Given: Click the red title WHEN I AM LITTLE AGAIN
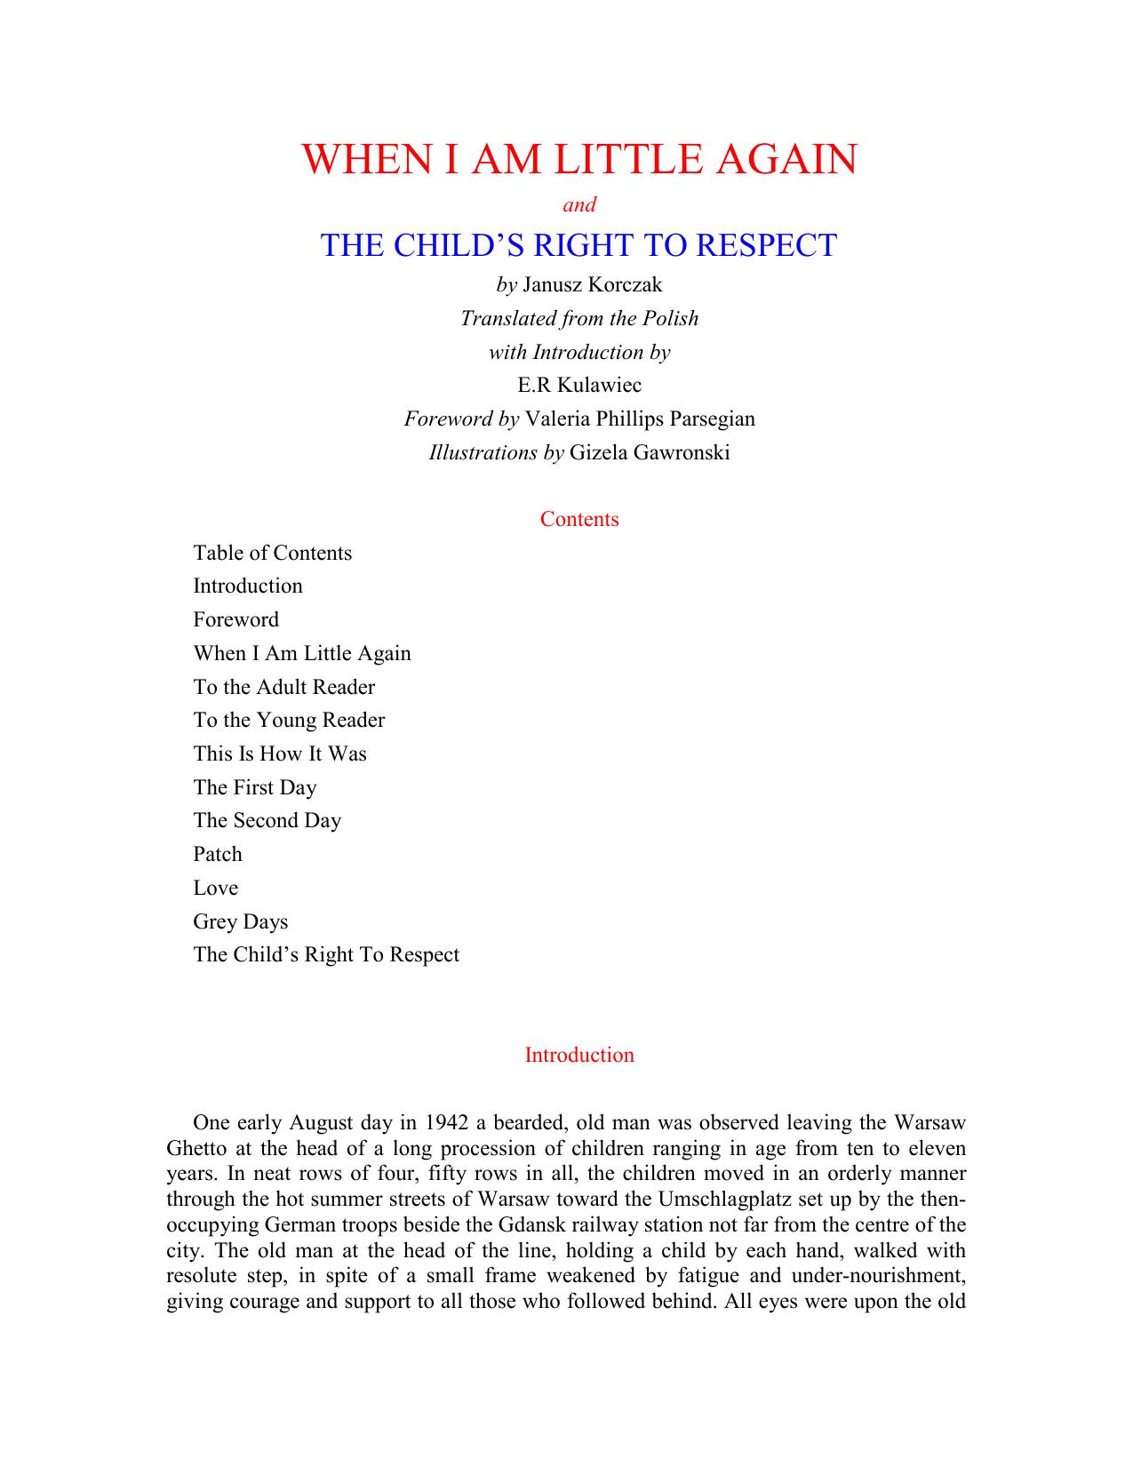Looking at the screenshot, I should [x=579, y=159].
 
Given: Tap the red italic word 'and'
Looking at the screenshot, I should [x=579, y=205].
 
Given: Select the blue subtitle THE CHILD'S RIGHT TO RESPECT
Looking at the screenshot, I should [x=578, y=245].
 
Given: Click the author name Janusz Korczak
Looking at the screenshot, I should [x=593, y=285].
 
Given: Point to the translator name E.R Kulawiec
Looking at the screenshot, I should [x=579, y=386].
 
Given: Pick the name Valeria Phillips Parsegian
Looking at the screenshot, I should [x=640, y=419].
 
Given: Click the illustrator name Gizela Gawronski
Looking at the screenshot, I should [x=650, y=452].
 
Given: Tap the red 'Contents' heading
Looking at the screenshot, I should [x=579, y=519].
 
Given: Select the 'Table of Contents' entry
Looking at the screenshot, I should [x=273, y=553].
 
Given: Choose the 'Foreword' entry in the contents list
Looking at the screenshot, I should [x=236, y=619].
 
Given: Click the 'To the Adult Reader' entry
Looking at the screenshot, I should [x=284, y=687].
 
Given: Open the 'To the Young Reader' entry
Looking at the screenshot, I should [x=289, y=720].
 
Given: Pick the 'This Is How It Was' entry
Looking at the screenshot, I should [x=280, y=753].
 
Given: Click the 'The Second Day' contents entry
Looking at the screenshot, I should [x=267, y=820].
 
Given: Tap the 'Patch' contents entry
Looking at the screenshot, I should [x=218, y=854].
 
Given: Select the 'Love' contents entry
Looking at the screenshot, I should [x=216, y=888].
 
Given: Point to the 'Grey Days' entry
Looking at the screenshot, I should [x=241, y=921].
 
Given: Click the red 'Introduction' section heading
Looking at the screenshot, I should [x=579, y=1055].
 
